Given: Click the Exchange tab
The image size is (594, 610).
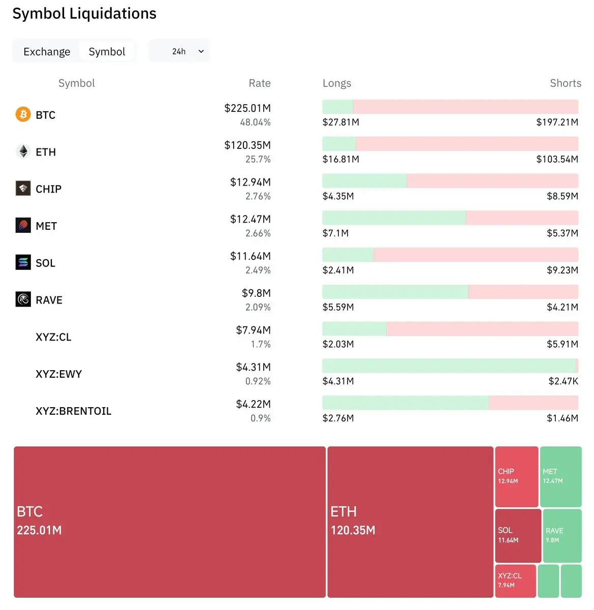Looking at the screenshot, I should click(x=47, y=52).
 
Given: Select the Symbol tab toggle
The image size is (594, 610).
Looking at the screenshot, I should click(x=107, y=52).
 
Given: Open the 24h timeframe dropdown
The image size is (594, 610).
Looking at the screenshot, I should click(x=179, y=51).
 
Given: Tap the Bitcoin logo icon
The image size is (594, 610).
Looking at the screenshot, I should click(x=23, y=114).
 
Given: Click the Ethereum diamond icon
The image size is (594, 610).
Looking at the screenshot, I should click(x=23, y=151).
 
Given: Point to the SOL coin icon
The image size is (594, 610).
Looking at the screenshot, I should click(x=23, y=262).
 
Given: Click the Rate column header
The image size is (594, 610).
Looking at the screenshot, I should click(x=259, y=83).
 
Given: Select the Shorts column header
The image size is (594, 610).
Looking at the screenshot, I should click(x=565, y=83).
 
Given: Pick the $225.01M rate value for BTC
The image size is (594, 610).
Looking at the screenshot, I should click(x=247, y=108).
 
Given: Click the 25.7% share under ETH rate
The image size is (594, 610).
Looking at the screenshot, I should click(x=258, y=160).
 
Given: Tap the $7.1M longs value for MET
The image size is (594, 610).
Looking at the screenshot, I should click(x=335, y=233).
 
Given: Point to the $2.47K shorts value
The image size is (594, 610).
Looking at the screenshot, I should click(x=563, y=381).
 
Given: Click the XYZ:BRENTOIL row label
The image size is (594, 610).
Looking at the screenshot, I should click(x=73, y=411).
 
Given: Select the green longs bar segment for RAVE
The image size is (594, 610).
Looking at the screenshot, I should click(x=395, y=292).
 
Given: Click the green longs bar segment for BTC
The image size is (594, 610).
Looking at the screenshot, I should click(x=337, y=107).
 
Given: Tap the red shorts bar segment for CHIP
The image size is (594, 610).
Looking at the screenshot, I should click(x=492, y=181).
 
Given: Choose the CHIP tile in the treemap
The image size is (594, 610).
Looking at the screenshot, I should click(x=516, y=476).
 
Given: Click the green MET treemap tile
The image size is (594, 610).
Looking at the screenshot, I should click(x=560, y=476).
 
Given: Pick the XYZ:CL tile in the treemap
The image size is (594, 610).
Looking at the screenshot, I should click(x=515, y=581).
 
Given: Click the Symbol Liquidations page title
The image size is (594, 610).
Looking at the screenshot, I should click(x=84, y=14).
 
